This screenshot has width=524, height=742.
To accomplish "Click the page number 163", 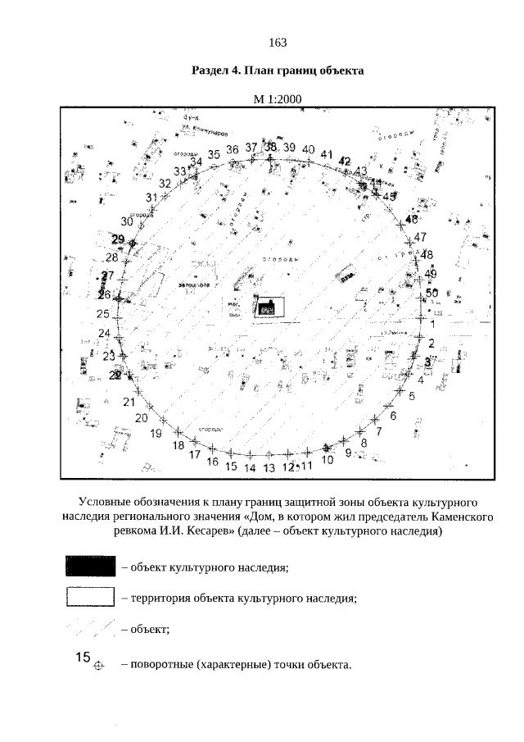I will coord(277,43).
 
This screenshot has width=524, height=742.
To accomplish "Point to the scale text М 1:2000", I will coord(278,99).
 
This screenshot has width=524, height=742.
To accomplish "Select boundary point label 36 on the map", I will coord(233,149).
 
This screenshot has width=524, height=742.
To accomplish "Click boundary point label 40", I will coord(308,149).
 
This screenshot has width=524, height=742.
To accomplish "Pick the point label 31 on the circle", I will coord(151,198).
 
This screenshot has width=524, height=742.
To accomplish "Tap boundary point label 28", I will coord(112,257).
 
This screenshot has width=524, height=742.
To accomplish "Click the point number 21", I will coord(129,402).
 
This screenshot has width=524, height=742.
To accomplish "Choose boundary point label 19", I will coord(156,434).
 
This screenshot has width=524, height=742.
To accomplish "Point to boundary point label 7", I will coord(378,430).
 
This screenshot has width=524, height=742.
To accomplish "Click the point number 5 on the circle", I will coord(412,396).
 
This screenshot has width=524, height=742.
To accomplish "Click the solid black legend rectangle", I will coord(89,566).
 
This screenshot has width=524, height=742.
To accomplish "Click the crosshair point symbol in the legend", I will coord(100,665).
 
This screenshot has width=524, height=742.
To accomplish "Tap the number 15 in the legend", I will coord(82,657).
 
